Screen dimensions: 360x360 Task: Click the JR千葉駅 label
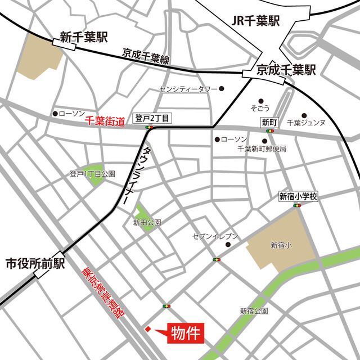pos(255,21)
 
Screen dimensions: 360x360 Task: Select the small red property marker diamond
pos(148,329)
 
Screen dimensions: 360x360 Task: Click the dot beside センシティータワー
pos(222,88)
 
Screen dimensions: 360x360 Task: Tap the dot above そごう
pos(260,97)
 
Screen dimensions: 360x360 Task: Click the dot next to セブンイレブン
pos(228,245)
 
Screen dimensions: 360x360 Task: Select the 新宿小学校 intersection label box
pos(299,197)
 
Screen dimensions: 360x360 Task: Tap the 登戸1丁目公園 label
pos(92,174)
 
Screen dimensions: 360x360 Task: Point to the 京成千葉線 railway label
pos(145,58)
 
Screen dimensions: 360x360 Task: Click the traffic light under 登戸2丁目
pos(149,128)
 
